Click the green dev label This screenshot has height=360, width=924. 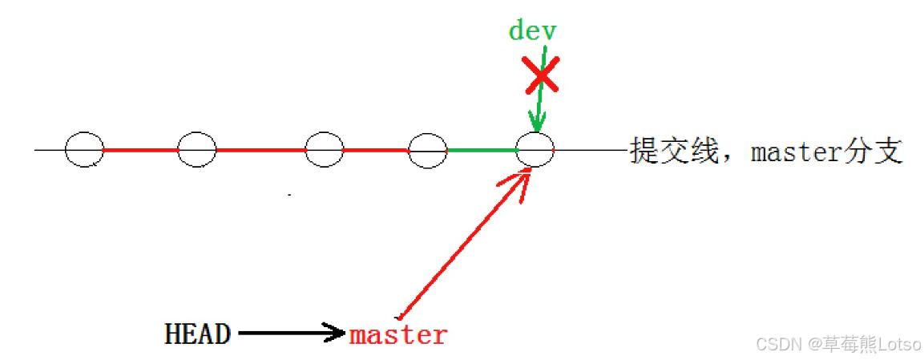[532, 31]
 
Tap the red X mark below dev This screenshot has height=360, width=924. [543, 76]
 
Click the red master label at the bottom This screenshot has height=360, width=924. [398, 334]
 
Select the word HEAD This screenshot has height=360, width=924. [197, 334]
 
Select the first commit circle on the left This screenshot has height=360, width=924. [84, 150]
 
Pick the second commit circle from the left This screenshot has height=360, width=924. [197, 150]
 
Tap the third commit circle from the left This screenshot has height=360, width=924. [325, 150]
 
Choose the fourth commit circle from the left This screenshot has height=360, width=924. [428, 150]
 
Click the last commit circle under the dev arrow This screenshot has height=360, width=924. [535, 150]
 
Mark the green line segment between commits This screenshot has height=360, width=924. [482, 150]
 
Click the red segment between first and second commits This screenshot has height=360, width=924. [140, 150]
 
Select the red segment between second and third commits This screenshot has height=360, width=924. [260, 150]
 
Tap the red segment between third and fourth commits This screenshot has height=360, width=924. [376, 150]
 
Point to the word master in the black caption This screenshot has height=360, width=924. [796, 151]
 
